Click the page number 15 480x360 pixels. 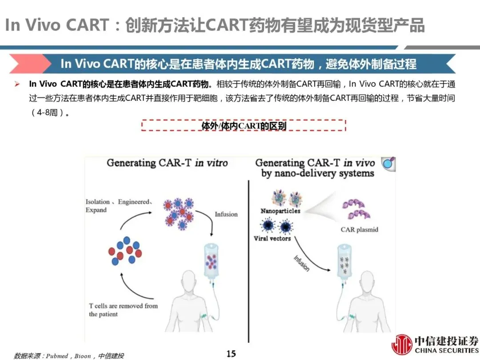(231, 354)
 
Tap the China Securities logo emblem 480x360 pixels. (401, 345)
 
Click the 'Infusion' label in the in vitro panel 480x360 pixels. (226, 214)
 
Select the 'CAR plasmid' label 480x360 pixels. (360, 230)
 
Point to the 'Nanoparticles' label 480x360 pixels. (280, 211)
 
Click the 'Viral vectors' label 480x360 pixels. (272, 239)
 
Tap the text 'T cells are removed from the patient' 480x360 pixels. (123, 310)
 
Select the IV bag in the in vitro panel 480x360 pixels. (212, 262)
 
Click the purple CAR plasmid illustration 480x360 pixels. (356, 209)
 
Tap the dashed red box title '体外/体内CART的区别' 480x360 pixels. (244, 126)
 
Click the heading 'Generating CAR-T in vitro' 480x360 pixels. (167, 163)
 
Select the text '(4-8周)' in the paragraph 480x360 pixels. (49, 112)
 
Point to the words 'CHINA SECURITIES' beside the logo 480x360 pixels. (446, 351)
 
